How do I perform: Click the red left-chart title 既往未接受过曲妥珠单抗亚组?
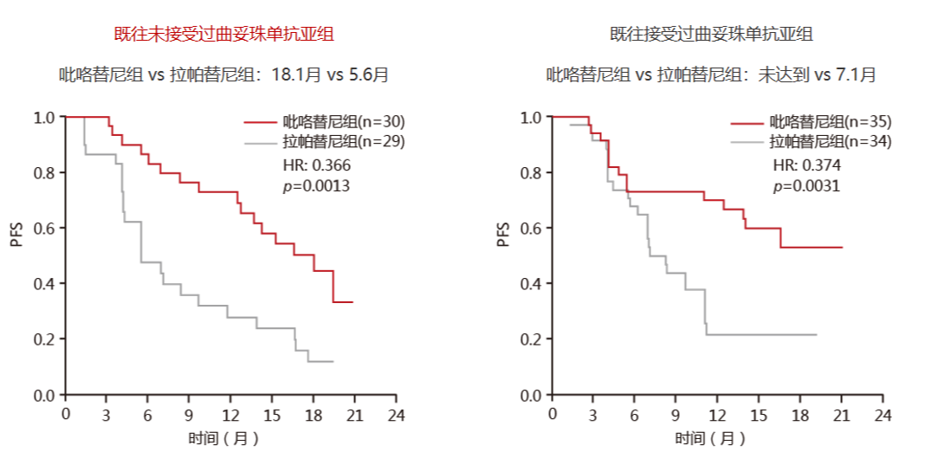tap(224, 35)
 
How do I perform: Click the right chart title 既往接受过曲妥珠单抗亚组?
tap(711, 35)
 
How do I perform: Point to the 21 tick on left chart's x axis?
tap(354, 414)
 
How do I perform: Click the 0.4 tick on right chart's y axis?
tap(532, 284)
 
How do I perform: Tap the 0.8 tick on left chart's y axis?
tap(46, 173)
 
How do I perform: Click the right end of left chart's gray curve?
tap(333, 361)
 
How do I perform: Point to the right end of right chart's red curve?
tap(842, 247)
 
